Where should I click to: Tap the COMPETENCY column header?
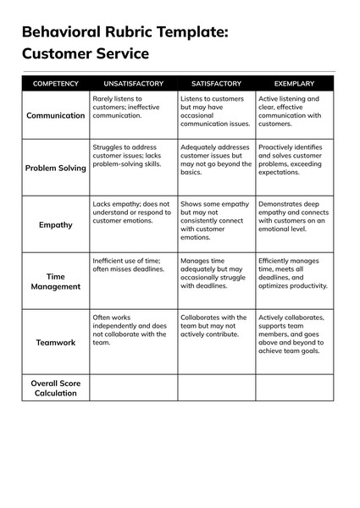point(56,84)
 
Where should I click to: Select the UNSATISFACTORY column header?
point(133,84)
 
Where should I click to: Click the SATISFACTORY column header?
point(216,84)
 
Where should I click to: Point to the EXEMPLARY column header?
point(294,84)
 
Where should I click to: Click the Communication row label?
point(56,115)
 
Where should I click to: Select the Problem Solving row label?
point(56,168)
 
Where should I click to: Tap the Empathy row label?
point(56,225)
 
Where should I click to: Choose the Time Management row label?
point(56,281)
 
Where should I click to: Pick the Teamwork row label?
point(56,342)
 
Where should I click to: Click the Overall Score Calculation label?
point(56,388)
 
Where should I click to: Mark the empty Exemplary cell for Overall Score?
point(294,388)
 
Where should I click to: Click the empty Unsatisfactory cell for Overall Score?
point(133,388)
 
